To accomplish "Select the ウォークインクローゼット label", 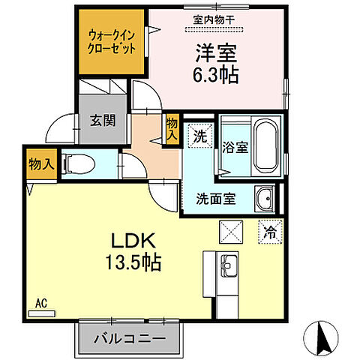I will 112,41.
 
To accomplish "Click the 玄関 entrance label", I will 103,120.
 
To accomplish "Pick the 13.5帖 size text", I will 133,264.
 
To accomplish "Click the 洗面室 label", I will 217,199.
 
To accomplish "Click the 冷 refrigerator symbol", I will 268,232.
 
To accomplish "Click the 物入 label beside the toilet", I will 39,163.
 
